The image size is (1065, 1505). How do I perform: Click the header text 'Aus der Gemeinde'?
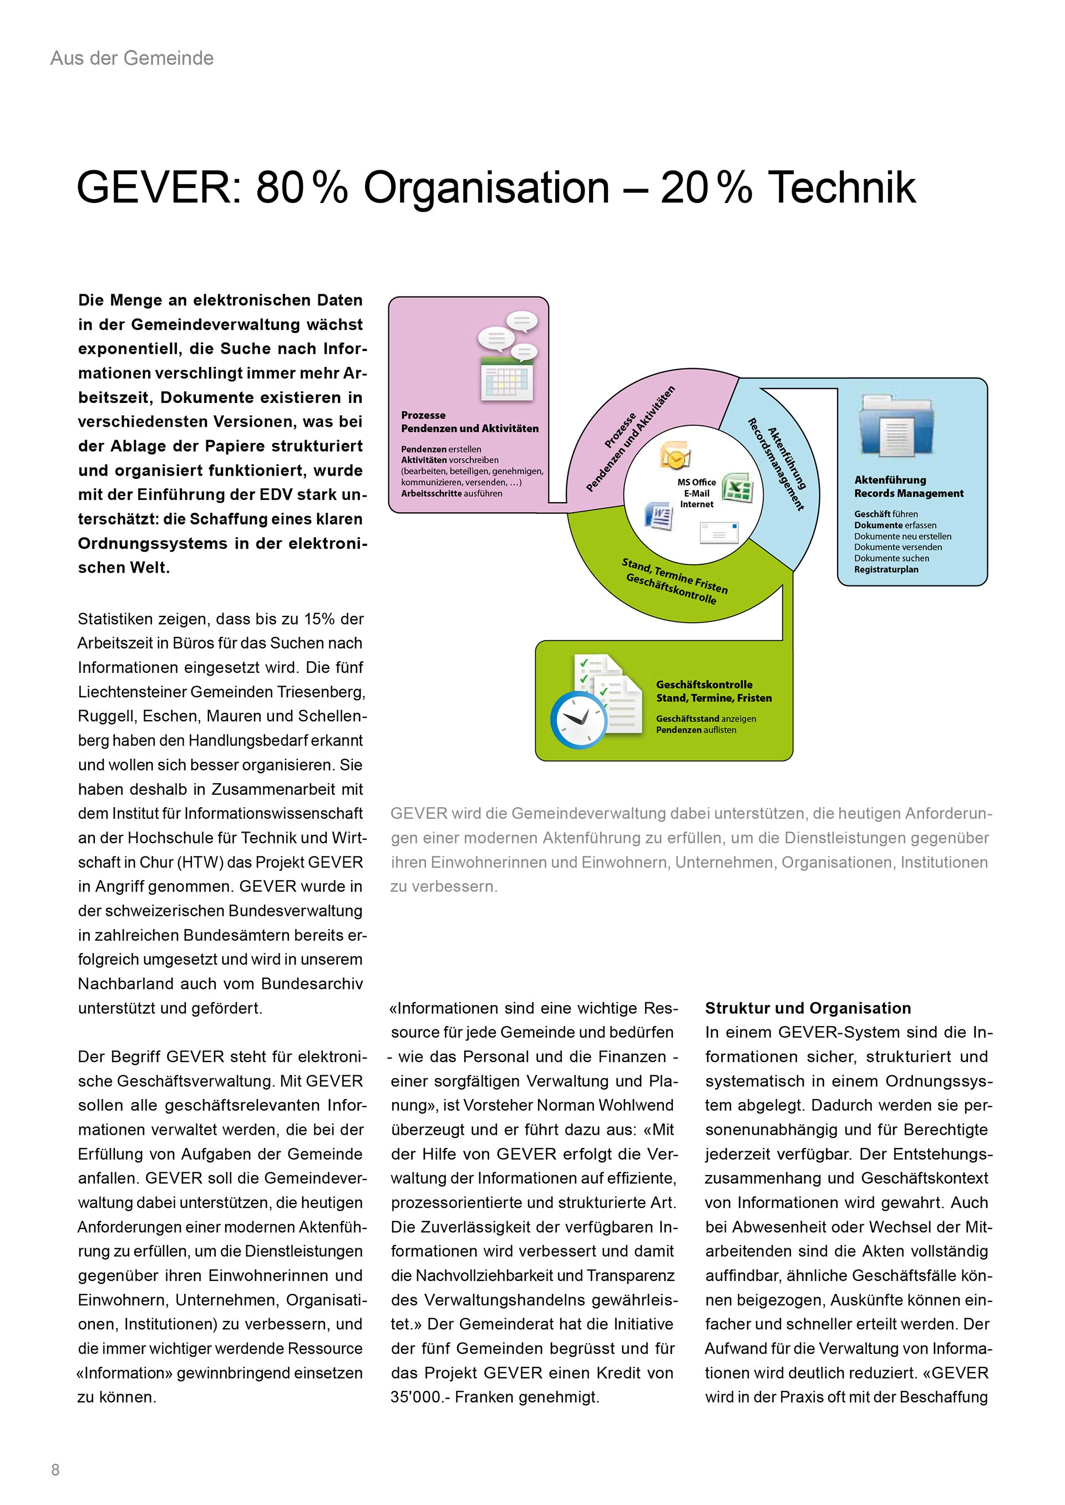132,58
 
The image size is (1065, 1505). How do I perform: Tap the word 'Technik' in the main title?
841,188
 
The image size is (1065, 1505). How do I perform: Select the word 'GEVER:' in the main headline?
161,188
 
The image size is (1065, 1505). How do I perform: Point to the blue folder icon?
896,427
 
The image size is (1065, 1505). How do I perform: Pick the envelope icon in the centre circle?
719,532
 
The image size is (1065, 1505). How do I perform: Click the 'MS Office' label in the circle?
697,482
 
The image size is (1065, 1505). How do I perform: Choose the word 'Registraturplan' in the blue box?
886,570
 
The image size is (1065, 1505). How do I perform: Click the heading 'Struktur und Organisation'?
808,1008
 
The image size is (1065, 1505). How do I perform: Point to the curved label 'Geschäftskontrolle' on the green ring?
670,589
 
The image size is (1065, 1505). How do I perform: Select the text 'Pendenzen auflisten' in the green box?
696,730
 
